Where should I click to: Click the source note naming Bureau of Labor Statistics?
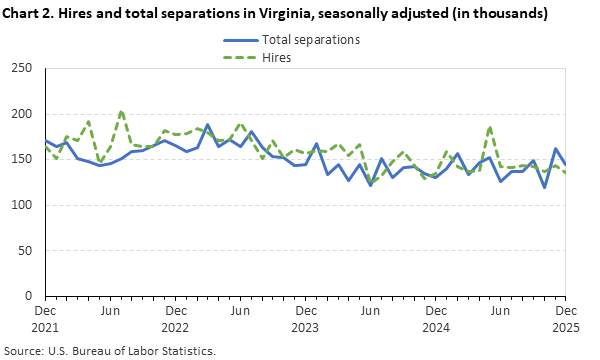click(x=110, y=351)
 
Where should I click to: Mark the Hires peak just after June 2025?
click(x=490, y=127)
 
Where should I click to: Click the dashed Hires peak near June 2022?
click(x=121, y=112)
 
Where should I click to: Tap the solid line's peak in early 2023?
click(x=208, y=126)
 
